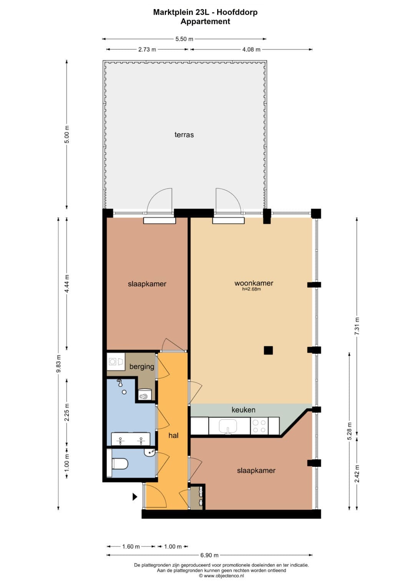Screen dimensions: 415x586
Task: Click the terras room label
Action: tap(184, 135)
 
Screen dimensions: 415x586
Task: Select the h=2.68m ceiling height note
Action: tap(252, 289)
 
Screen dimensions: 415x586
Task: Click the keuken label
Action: tap(243, 410)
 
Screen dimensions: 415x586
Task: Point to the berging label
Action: tap(142, 366)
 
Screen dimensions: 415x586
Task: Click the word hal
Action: tap(173, 435)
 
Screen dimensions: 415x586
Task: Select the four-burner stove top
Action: tap(259, 426)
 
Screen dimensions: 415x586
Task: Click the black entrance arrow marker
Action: tap(134, 497)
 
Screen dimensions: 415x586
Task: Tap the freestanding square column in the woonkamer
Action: tap(268, 350)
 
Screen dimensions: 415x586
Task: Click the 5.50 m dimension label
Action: tap(184, 39)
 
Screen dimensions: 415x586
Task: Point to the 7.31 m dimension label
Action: tap(357, 326)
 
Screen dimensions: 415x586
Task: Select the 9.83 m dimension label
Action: tap(58, 364)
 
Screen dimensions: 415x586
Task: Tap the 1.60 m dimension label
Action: tap(131, 546)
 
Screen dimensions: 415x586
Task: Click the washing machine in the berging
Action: tap(116, 362)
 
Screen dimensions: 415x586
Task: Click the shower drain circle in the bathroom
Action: tap(124, 392)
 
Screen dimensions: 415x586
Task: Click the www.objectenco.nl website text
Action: tap(224, 576)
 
